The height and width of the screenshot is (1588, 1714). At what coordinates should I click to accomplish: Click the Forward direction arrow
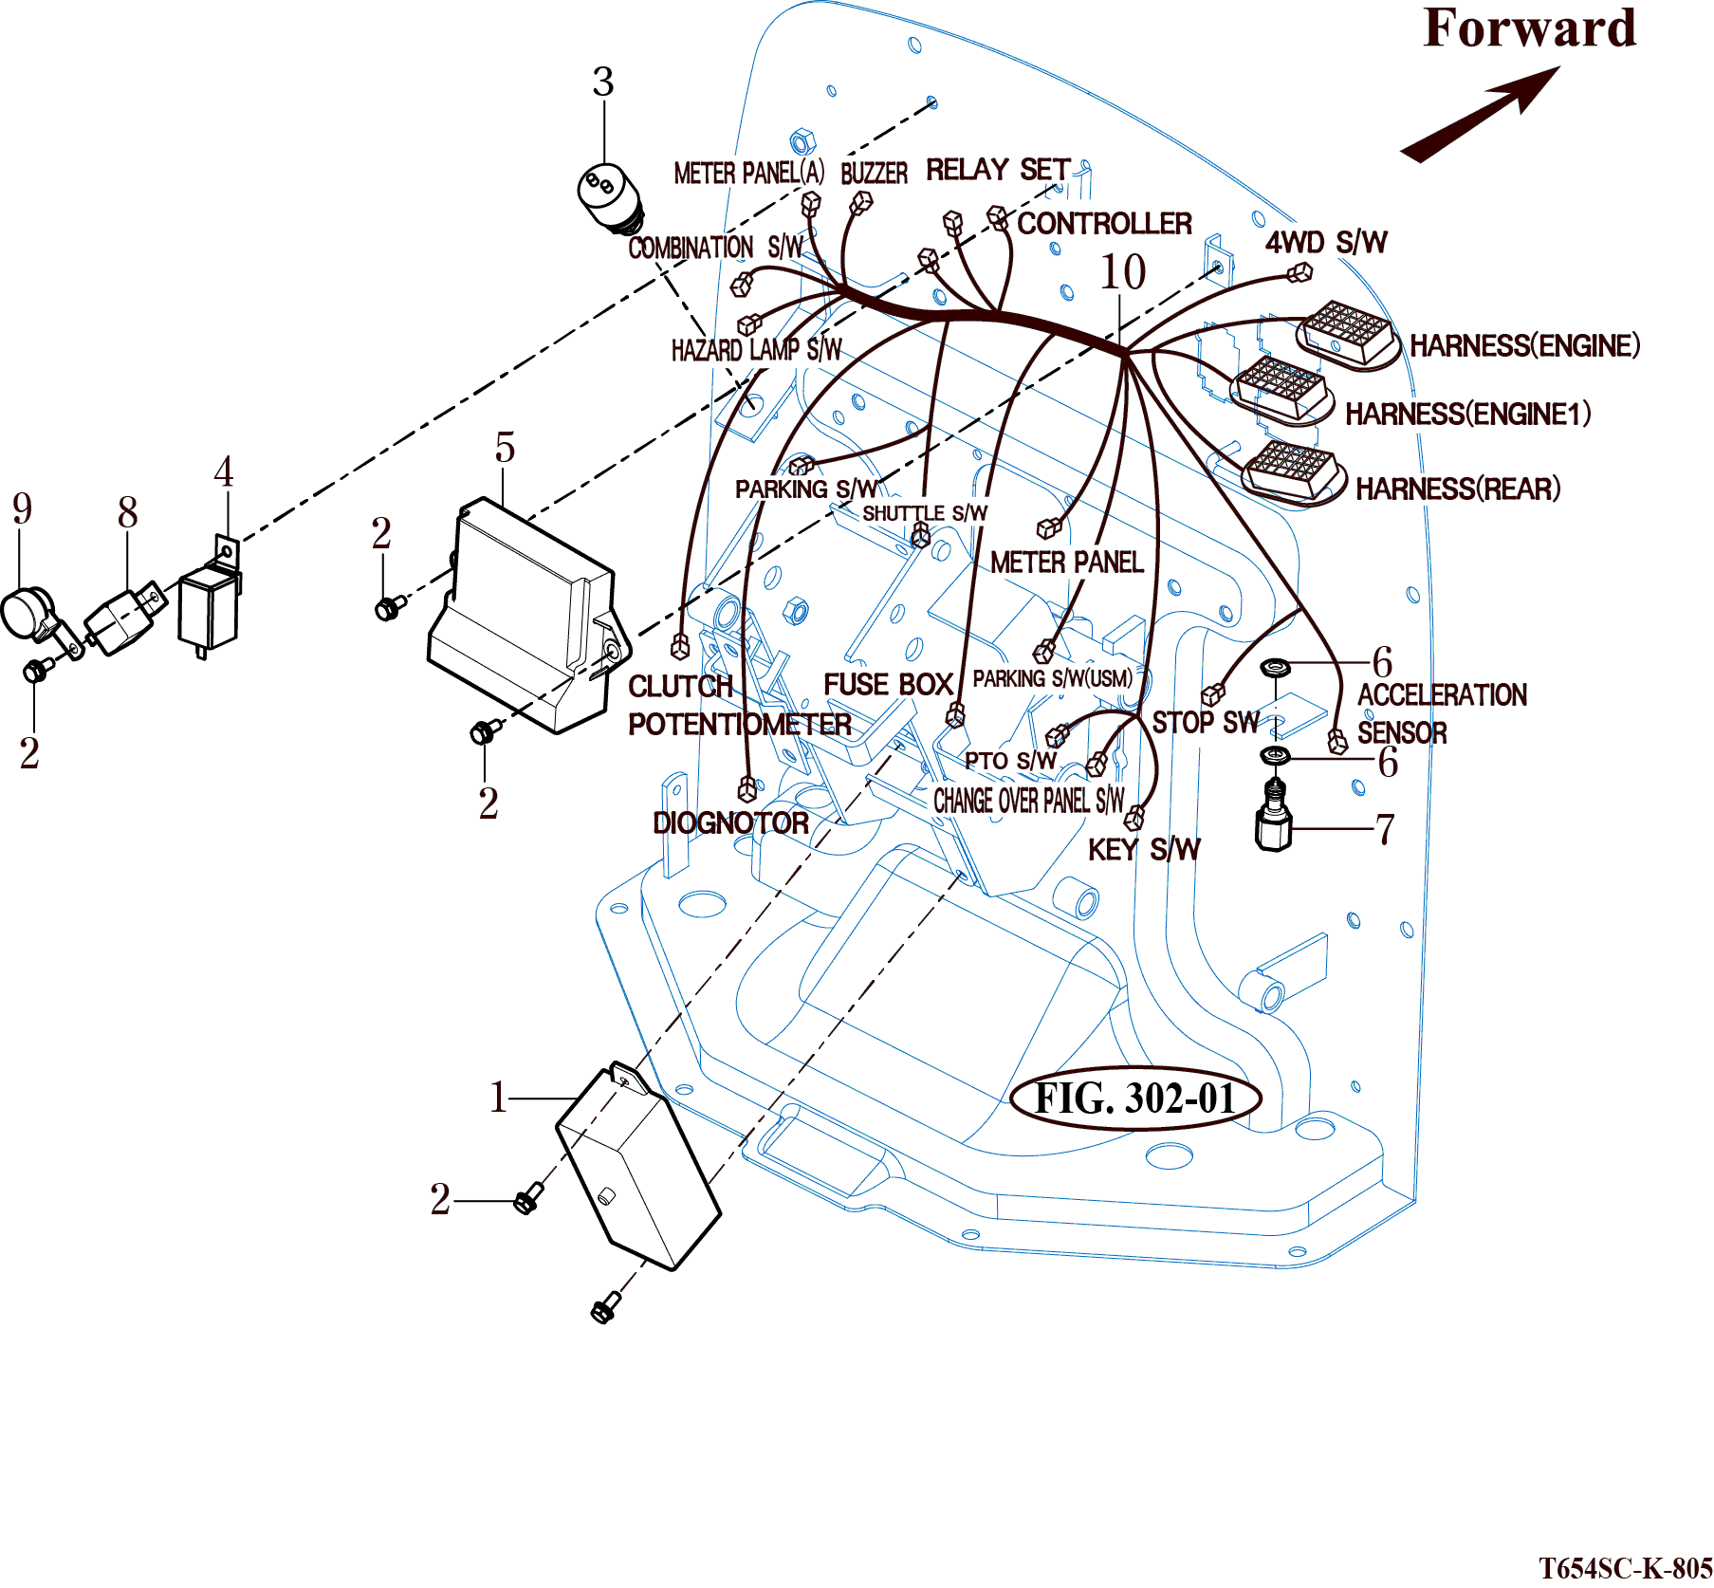[x=1480, y=114]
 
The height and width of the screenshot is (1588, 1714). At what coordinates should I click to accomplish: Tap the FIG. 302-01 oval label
[x=1135, y=1099]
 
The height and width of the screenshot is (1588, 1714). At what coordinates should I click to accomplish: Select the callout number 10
[x=1123, y=273]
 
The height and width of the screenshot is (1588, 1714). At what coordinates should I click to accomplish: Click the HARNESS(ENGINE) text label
[x=1524, y=345]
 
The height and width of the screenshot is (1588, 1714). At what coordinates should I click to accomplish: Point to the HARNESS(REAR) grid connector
[x=1292, y=471]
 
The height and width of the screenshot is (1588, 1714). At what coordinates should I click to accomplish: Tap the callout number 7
[x=1385, y=829]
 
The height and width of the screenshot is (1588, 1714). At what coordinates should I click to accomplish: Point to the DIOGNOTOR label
[x=730, y=822]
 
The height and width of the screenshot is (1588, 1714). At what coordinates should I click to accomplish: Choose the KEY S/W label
[x=1144, y=849]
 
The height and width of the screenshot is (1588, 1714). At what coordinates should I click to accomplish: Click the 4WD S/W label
[x=1326, y=243]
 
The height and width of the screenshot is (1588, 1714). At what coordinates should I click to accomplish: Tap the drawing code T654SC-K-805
[x=1625, y=1567]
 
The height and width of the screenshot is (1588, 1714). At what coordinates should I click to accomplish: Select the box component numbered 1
[x=638, y=1167]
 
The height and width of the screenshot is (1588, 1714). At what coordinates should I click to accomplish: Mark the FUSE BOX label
[x=888, y=684]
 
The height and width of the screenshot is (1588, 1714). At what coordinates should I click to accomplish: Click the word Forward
[x=1530, y=28]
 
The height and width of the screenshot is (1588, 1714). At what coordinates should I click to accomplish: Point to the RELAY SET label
[x=998, y=170]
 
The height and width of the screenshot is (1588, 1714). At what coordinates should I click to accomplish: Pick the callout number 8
[x=128, y=513]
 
